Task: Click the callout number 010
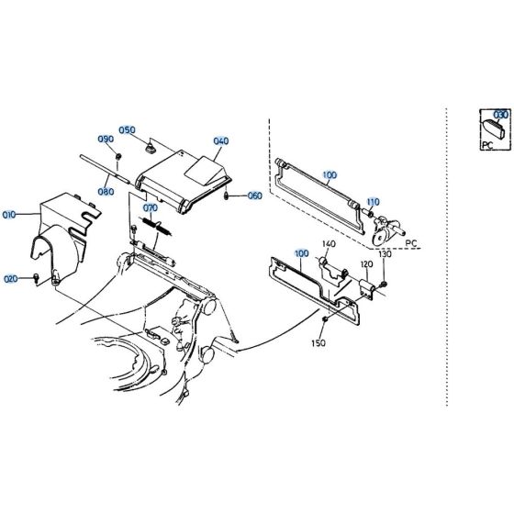pyautogui.click(x=10, y=215)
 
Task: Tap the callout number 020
pyautogui.click(x=10, y=278)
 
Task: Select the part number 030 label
pyautogui.click(x=499, y=115)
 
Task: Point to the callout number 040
pyautogui.click(x=220, y=141)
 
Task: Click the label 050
pyautogui.click(x=127, y=129)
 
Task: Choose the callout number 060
pyautogui.click(x=254, y=196)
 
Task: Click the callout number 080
pyautogui.click(x=106, y=192)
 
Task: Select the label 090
pyautogui.click(x=106, y=140)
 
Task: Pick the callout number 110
pyautogui.click(x=373, y=200)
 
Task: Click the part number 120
pyautogui.click(x=365, y=264)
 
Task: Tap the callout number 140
pyautogui.click(x=328, y=243)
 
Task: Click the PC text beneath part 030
pyautogui.click(x=488, y=144)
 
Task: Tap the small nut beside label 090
pyautogui.click(x=119, y=157)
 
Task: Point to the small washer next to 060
pyautogui.click(x=228, y=196)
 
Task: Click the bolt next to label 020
pyautogui.click(x=36, y=277)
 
